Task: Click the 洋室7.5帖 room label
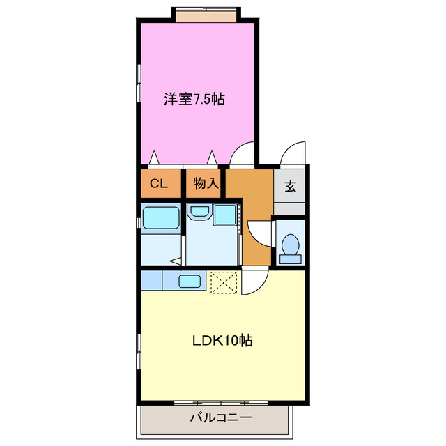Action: click(x=194, y=99)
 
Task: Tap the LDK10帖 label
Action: click(x=222, y=341)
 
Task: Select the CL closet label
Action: click(x=158, y=184)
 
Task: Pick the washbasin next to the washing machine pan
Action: click(x=199, y=212)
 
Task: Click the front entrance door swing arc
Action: click(x=293, y=153)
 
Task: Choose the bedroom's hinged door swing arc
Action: click(x=243, y=153)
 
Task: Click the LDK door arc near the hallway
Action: click(x=254, y=282)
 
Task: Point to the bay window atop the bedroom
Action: click(x=206, y=14)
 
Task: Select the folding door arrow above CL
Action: click(x=154, y=157)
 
